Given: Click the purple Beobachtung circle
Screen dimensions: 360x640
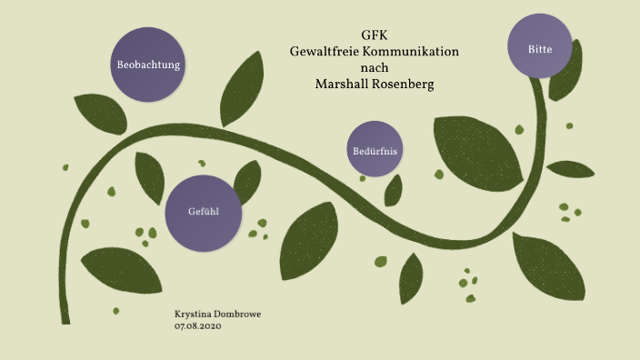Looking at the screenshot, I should tap(148, 65).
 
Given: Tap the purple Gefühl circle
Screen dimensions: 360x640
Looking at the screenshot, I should tap(202, 212).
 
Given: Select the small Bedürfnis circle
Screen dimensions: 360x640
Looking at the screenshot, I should tap(375, 149).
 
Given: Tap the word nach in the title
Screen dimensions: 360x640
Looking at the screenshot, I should tap(374, 68).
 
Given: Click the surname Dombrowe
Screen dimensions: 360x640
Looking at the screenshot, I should tap(241, 315).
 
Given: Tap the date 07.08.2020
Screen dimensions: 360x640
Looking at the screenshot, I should tap(197, 325).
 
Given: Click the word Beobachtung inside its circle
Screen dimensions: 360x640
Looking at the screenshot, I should tap(148, 65).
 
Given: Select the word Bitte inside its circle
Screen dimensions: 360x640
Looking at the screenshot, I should tap(542, 46).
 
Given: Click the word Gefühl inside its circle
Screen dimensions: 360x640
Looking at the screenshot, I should tap(202, 212).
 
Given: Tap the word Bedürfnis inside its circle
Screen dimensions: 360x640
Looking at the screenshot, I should tap(375, 149).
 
